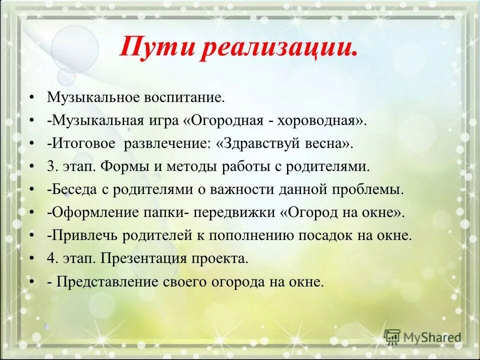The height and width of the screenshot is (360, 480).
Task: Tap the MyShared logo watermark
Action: (423, 336)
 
